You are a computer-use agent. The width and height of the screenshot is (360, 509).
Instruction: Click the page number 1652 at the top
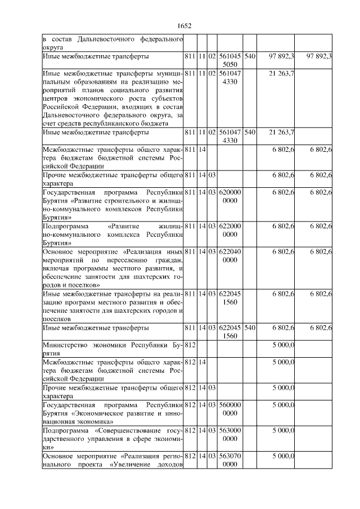(x=184, y=26)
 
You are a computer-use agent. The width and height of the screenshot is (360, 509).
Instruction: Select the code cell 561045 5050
(x=230, y=60)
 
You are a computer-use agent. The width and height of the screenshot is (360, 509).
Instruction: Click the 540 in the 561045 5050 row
(x=250, y=57)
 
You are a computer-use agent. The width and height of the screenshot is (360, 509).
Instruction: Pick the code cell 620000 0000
(x=230, y=196)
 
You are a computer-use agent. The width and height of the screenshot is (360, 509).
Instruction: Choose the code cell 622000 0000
(x=230, y=230)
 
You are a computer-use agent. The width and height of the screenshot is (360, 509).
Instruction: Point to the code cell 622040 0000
(x=230, y=256)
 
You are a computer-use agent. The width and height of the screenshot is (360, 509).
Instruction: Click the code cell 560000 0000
(x=230, y=409)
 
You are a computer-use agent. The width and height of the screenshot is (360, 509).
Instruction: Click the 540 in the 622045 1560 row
(x=250, y=328)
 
